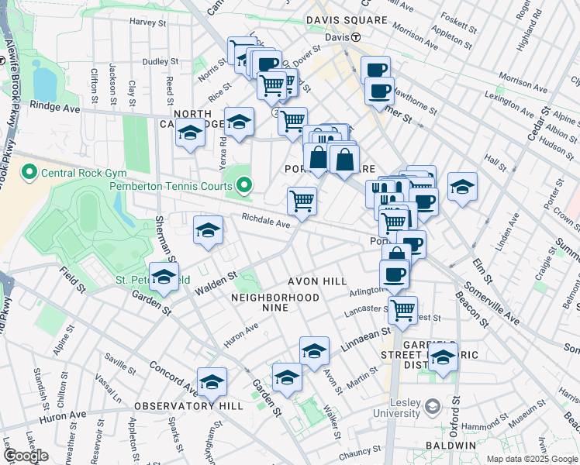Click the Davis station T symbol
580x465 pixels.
point(356,37)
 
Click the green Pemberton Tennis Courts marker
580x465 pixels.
point(245,185)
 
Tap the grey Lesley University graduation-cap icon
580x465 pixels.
point(433,405)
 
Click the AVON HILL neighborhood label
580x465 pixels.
point(316,281)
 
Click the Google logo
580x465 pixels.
point(26,456)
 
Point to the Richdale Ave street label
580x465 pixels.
point(265,222)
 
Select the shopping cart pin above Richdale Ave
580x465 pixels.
point(302,200)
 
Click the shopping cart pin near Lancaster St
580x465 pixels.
point(402,309)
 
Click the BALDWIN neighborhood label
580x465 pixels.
point(450,446)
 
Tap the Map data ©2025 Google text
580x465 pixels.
point(531,459)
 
